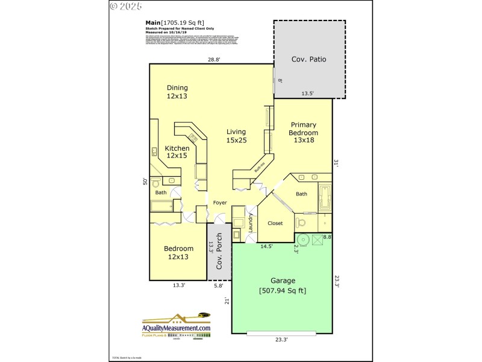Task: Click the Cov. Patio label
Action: (x=309, y=59)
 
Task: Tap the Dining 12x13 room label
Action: (x=177, y=92)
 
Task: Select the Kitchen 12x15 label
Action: (x=177, y=152)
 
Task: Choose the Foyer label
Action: (x=220, y=203)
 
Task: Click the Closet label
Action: (x=275, y=223)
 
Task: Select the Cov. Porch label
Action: (x=220, y=252)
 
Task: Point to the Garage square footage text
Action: (x=283, y=291)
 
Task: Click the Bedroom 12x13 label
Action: (x=178, y=253)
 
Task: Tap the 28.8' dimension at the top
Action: (x=214, y=59)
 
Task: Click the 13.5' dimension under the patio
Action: (x=307, y=94)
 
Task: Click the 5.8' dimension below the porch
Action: (x=218, y=286)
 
